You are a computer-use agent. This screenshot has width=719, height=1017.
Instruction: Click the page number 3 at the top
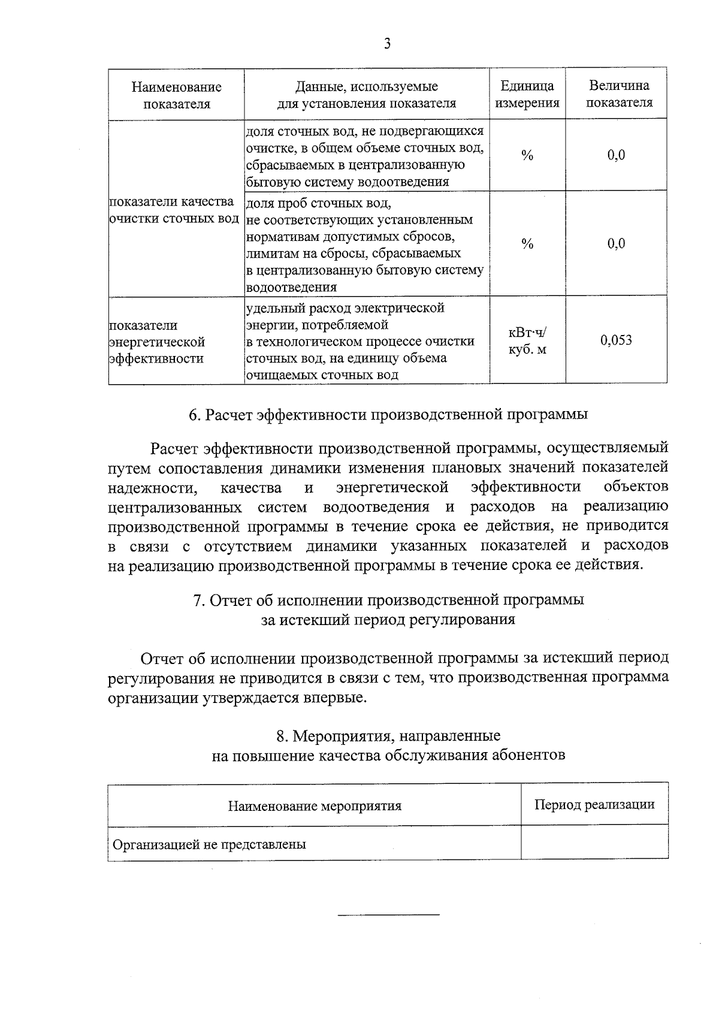coord(387,44)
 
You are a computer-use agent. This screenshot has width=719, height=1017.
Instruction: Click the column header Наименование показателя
coord(176,95)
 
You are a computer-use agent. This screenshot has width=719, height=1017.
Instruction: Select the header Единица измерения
coord(527,94)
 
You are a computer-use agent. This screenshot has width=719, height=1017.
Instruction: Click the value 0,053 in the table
coord(616,340)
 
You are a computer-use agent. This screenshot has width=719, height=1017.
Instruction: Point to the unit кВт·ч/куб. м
coord(527,340)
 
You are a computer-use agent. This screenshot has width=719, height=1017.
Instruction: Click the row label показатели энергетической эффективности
coord(157,342)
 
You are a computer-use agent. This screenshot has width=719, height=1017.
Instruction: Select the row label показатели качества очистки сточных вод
coord(174,210)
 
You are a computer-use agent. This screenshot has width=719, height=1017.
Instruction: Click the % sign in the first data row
coord(527,156)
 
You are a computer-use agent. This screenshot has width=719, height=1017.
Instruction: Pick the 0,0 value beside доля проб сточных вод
coord(616,243)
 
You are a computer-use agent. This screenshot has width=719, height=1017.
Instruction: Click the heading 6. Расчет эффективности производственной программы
coord(388,414)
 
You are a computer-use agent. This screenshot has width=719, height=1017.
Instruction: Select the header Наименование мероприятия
coord(315,805)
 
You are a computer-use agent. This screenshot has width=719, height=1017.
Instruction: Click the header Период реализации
coord(594,804)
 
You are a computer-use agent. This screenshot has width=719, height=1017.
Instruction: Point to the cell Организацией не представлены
coord(210,844)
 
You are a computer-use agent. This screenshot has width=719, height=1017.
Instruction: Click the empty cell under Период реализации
coord(594,843)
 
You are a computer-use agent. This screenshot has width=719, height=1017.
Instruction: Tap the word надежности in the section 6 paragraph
coord(153,488)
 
